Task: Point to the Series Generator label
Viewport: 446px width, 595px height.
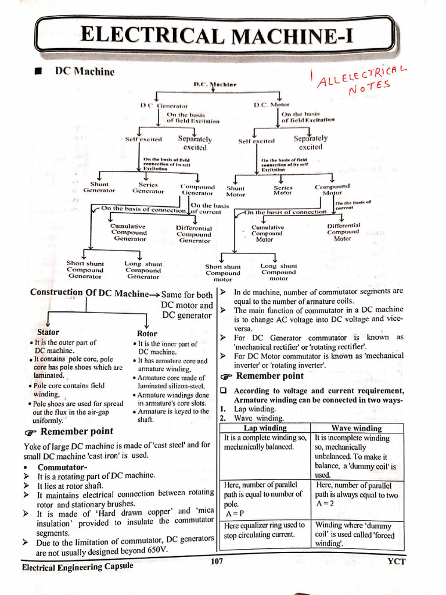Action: (149, 187)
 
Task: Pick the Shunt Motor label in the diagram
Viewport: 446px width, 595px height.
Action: (235, 191)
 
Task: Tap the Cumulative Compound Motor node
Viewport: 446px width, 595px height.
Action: (267, 233)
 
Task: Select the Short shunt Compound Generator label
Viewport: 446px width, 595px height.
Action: (85, 270)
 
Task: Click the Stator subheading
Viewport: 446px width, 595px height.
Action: (48, 332)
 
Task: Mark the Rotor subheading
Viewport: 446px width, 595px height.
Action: (147, 334)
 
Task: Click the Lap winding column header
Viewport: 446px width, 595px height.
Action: (265, 428)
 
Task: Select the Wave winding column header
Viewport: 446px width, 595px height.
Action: (356, 428)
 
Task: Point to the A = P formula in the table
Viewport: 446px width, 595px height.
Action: (232, 514)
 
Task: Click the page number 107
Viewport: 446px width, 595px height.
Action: (215, 561)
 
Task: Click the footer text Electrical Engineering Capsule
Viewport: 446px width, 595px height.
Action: (77, 566)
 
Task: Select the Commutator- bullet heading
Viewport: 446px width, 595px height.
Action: (63, 467)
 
